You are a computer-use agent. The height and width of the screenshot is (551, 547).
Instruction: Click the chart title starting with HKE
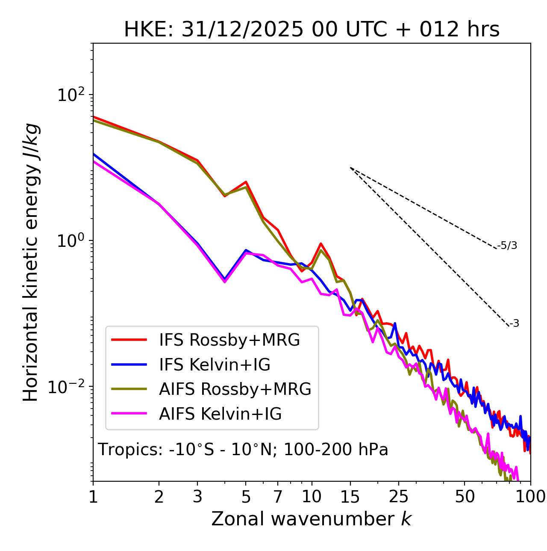click(312, 30)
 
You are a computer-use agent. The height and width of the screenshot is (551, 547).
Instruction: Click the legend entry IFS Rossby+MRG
click(229, 340)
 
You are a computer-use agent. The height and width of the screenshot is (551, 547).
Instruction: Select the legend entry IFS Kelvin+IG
click(215, 365)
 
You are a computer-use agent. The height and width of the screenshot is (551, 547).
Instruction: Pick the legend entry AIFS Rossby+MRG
click(235, 389)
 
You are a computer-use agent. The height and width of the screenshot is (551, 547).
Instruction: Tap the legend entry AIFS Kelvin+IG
click(220, 414)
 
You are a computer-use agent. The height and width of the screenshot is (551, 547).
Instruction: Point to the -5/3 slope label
click(507, 246)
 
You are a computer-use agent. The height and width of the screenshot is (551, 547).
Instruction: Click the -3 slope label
click(515, 324)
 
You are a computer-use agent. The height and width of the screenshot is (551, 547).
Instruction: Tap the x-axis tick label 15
click(350, 497)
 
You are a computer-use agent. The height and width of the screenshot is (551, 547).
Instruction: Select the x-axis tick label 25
click(399, 497)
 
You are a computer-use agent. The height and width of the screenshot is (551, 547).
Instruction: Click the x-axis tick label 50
click(465, 497)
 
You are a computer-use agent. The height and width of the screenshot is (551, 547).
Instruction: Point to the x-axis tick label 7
click(278, 497)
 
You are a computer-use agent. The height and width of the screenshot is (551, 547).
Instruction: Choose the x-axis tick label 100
click(530, 497)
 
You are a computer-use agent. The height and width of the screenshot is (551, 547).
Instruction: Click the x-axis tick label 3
click(197, 497)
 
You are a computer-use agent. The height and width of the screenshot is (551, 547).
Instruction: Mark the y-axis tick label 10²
click(70, 95)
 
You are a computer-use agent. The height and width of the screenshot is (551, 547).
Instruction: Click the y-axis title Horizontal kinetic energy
click(31, 262)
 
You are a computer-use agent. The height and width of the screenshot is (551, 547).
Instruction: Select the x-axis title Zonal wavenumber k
click(312, 519)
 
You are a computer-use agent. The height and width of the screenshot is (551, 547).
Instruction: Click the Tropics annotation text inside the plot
click(243, 450)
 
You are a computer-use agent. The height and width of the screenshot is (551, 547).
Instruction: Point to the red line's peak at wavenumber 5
click(246, 182)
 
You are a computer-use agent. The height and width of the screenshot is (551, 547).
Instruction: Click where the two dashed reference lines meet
click(350, 168)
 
